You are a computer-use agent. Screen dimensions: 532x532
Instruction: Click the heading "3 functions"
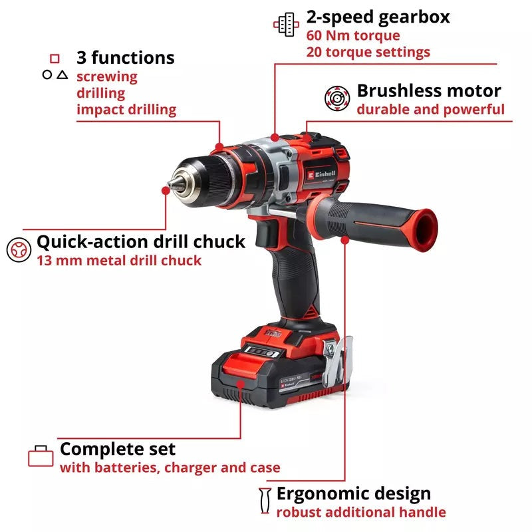(x=125, y=58)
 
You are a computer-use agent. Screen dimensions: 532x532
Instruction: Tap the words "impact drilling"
(x=126, y=109)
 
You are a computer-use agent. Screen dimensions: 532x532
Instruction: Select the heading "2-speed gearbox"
(x=378, y=17)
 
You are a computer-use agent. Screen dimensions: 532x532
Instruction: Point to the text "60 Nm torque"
(x=353, y=35)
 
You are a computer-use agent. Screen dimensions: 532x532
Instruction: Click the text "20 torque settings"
(x=368, y=52)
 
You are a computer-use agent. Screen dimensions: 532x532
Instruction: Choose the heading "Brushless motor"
(x=429, y=90)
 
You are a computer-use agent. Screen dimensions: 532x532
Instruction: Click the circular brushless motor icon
(x=337, y=98)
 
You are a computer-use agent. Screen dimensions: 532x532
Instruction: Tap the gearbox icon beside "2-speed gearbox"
(x=287, y=25)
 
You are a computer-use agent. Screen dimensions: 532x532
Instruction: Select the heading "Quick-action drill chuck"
(x=141, y=241)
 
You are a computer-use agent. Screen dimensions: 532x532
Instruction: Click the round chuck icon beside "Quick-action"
(x=18, y=249)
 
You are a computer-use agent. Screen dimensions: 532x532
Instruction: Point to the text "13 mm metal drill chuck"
(x=118, y=260)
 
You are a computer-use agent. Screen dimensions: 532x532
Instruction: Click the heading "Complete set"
(x=118, y=449)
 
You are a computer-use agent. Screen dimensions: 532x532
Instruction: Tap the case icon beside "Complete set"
(x=41, y=456)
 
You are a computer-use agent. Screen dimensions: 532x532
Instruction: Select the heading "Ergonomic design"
(x=353, y=493)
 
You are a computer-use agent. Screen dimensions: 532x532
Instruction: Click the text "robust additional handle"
(x=360, y=511)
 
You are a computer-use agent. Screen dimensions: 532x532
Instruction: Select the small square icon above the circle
(x=55, y=59)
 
